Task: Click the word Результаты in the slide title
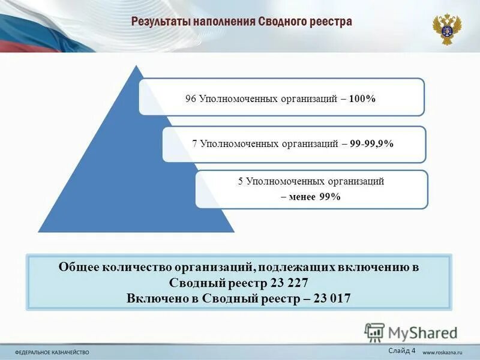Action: click(x=158, y=22)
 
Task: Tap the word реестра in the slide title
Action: click(x=331, y=22)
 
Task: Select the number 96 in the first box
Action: click(x=191, y=98)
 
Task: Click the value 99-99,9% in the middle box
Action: click(x=374, y=144)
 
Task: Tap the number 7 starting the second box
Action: click(x=195, y=144)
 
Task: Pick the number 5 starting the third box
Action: click(x=240, y=181)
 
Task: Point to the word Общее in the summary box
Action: click(x=79, y=268)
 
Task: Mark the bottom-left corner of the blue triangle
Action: click(x=39, y=231)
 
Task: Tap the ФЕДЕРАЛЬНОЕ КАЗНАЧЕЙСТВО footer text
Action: click(x=52, y=352)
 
